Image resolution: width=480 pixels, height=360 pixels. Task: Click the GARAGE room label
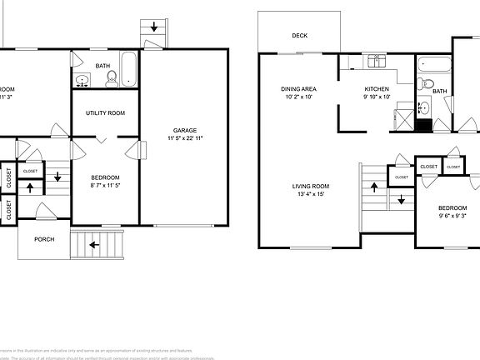click(184, 130)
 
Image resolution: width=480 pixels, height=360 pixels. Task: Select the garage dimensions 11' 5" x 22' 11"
click(184, 138)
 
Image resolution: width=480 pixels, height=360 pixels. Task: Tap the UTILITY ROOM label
click(105, 112)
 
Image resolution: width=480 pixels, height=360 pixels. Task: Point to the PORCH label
click(44, 239)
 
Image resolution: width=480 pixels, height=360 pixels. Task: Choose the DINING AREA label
click(297, 88)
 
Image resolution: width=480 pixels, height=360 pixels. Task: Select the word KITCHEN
click(377, 88)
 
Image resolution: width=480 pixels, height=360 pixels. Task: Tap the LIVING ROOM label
click(309, 186)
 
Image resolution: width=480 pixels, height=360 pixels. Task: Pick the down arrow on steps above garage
click(155, 27)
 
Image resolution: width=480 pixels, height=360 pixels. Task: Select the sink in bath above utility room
click(82, 80)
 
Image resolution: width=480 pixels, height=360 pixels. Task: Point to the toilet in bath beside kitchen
click(424, 82)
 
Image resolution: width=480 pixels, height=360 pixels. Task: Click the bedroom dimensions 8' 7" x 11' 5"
click(105, 185)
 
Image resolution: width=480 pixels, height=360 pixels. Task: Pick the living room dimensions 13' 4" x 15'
click(309, 194)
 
